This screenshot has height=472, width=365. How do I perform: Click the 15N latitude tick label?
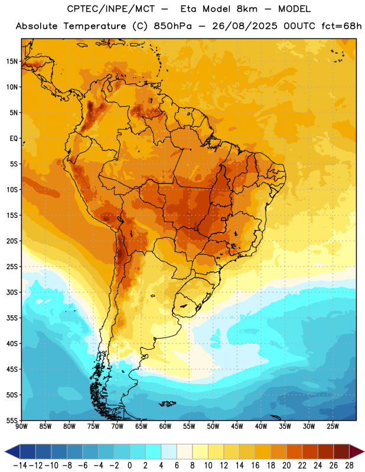click(12, 61)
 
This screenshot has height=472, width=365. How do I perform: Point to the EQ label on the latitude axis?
click(14, 139)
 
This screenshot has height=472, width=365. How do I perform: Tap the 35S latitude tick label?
click(12, 318)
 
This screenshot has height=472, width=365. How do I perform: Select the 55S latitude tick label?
click(12, 420)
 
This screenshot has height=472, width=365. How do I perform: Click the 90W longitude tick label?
click(21, 427)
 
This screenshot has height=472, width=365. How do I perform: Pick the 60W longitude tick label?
click(165, 427)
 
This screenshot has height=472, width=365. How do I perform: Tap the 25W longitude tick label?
click(333, 427)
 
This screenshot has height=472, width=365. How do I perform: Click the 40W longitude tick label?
click(261, 427)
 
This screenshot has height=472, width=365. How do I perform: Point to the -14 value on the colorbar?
click(20, 466)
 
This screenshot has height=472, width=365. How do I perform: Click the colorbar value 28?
click(349, 466)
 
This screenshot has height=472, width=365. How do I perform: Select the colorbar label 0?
click(129, 466)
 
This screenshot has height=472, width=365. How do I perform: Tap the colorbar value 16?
click(255, 466)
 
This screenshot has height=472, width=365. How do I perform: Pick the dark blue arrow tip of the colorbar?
click(5, 452)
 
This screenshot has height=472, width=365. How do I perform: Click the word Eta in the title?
click(188, 9)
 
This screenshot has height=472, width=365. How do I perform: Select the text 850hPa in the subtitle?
click(172, 26)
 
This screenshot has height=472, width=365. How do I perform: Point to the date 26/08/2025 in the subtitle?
click(245, 26)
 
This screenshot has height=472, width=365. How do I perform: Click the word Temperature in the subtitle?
click(94, 27)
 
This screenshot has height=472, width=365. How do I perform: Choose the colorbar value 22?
click(302, 466)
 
